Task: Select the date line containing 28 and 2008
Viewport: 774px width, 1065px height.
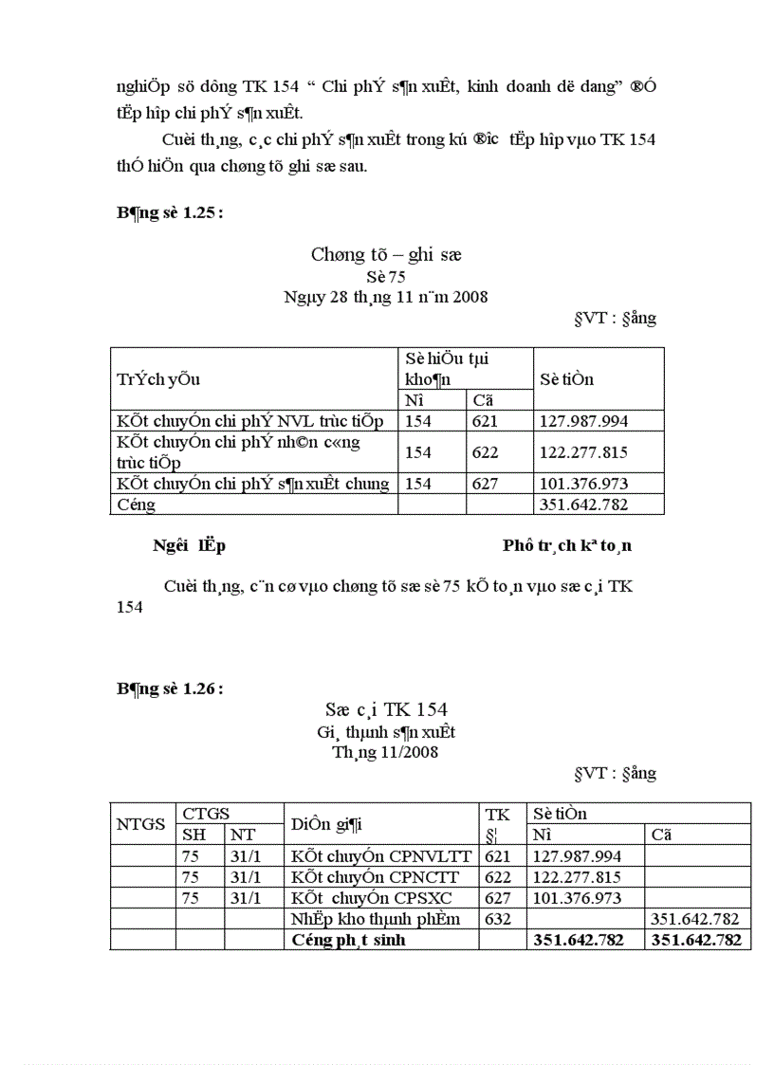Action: [x=386, y=297]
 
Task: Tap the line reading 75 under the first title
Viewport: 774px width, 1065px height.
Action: [x=386, y=276]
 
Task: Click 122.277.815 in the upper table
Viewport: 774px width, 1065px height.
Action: [x=583, y=452]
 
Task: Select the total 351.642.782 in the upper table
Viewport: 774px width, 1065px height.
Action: [x=583, y=505]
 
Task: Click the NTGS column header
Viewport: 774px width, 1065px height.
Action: [x=141, y=823]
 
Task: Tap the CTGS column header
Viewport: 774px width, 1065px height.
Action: [x=206, y=814]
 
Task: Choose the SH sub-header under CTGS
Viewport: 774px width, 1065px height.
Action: [x=193, y=835]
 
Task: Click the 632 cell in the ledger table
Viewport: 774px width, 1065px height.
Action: [x=498, y=919]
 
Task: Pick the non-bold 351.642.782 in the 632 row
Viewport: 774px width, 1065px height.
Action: [x=695, y=919]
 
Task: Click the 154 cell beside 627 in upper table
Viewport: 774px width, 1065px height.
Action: [x=418, y=484]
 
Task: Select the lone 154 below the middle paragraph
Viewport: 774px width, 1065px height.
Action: [x=130, y=607]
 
